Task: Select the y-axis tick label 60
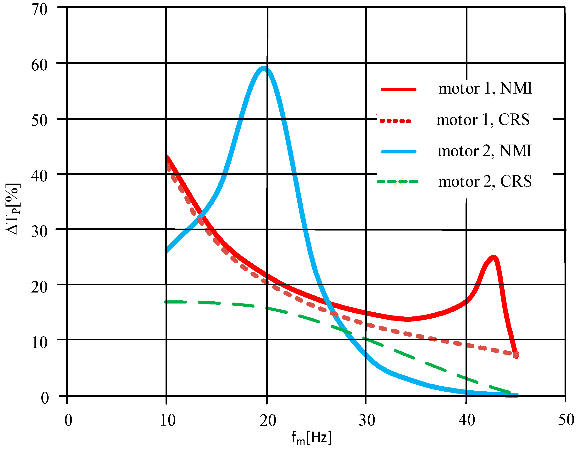pyautogui.click(x=40, y=65)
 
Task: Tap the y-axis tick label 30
pyautogui.click(x=40, y=232)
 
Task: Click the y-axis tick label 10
pyautogui.click(x=40, y=343)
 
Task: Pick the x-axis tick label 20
pyautogui.click(x=268, y=420)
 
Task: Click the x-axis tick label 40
pyautogui.click(x=467, y=420)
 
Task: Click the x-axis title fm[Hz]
pyautogui.click(x=311, y=438)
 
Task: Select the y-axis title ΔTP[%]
pyautogui.click(x=13, y=209)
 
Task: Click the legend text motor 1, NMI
pyautogui.click(x=485, y=88)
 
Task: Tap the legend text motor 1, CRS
pyautogui.click(x=483, y=120)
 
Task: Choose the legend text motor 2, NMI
pyautogui.click(x=484, y=151)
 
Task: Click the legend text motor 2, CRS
pyautogui.click(x=485, y=182)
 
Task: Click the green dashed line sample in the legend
pyautogui.click(x=398, y=182)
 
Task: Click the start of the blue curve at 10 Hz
pyautogui.click(x=167, y=250)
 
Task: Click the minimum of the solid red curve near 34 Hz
pyautogui.click(x=407, y=319)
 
